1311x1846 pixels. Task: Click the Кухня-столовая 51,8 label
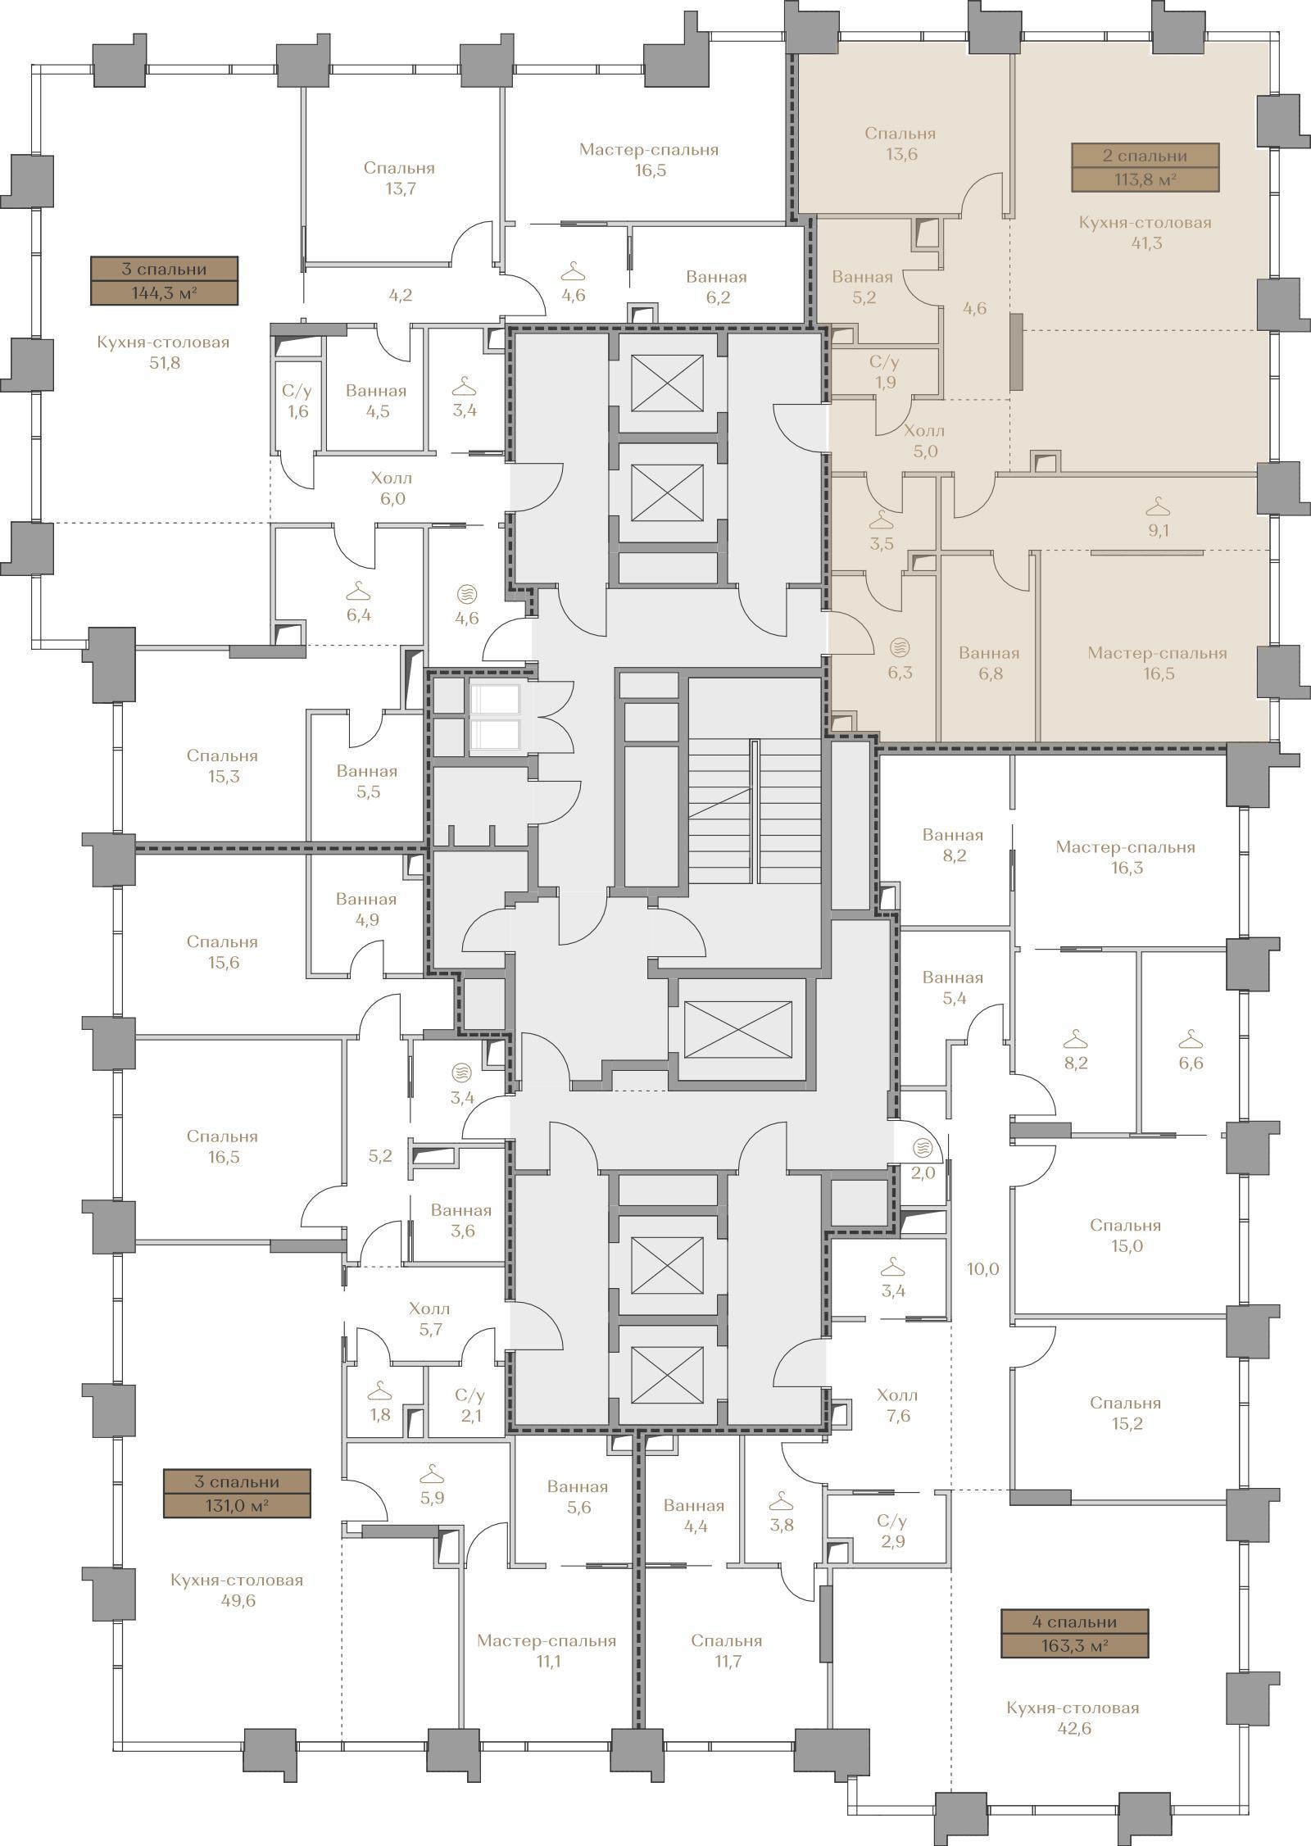pyautogui.click(x=163, y=352)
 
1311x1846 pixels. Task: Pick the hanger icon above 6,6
pyautogui.click(x=1191, y=1041)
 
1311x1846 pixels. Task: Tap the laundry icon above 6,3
pyautogui.click(x=900, y=646)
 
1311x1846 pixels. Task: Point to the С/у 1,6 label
pyautogui.click(x=297, y=401)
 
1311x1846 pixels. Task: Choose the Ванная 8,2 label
pyautogui.click(x=953, y=846)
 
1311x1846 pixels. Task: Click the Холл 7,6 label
pyautogui.click(x=898, y=1405)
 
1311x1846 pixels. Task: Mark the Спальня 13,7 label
pyautogui.click(x=399, y=179)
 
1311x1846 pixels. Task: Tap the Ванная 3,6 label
pyautogui.click(x=461, y=1220)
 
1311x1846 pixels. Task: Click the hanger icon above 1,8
pyautogui.click(x=379, y=1391)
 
